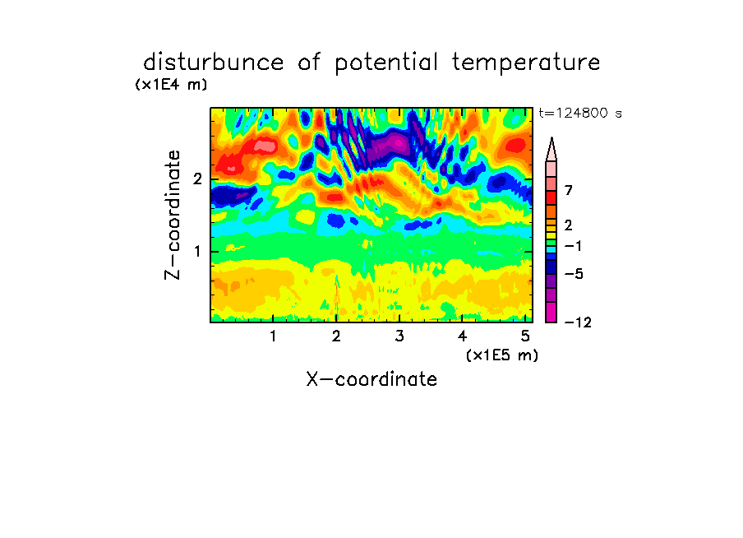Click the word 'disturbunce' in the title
213,63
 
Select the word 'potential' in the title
386,63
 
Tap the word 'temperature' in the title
526,63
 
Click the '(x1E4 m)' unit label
171,85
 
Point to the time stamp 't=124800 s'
580,114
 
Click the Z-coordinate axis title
173,215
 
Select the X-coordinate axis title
371,379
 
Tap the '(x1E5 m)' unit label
502,355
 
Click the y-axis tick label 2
197,179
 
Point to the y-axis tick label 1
197,252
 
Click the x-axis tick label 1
274,336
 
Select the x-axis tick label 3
399,336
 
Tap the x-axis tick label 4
463,336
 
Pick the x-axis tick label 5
525,336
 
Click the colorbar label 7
569,191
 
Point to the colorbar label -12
578,323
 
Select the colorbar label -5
574,274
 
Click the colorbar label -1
573,246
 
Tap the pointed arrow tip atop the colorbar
551,138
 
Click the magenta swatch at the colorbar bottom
551,312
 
